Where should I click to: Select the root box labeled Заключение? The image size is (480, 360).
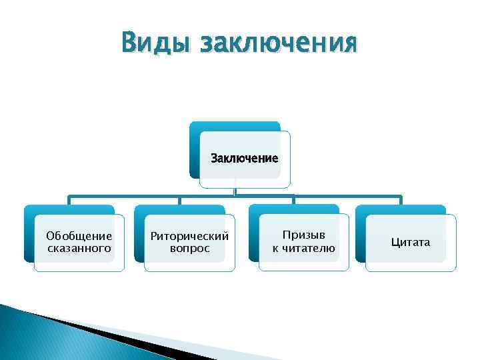245,159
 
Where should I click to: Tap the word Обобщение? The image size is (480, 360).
79,235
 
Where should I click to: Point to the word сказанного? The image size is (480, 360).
79,248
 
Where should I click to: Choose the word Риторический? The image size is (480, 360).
189,236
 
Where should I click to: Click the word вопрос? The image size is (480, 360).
189,248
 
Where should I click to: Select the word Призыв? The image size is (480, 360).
304,235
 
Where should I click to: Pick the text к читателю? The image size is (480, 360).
304,248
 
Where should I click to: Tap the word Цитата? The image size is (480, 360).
411,242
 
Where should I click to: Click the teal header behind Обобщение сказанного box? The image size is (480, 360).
67,209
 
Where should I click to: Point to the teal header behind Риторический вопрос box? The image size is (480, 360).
177,209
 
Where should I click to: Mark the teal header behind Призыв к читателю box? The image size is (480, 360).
292,209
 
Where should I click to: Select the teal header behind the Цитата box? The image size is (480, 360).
400,209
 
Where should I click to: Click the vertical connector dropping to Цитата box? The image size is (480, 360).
401,200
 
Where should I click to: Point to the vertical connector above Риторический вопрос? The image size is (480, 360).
179,200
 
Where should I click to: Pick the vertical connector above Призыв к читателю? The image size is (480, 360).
293,200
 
